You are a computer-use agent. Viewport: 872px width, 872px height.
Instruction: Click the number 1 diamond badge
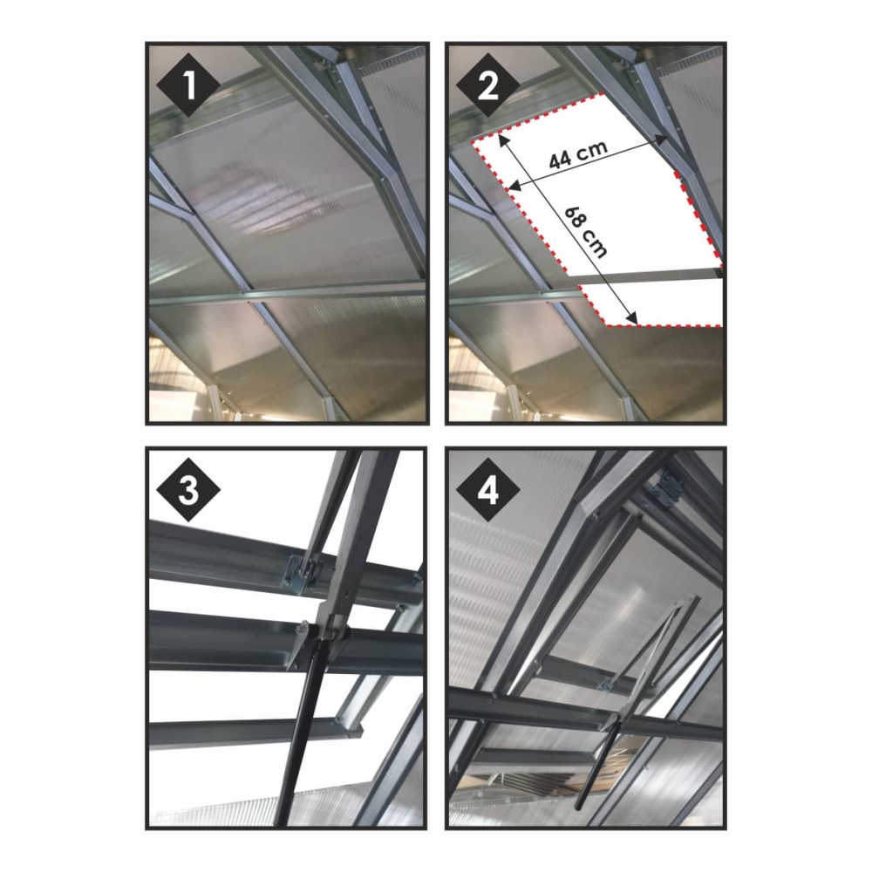tap(188, 85)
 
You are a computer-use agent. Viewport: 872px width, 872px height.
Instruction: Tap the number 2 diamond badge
tap(487, 85)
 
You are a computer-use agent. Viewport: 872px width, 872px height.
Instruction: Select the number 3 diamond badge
tap(188, 489)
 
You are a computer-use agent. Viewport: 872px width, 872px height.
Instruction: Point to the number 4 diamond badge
tap(487, 489)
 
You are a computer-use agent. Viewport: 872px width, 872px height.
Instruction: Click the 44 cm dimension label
tap(578, 154)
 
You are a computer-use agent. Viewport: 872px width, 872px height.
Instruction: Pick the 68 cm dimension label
tap(586, 233)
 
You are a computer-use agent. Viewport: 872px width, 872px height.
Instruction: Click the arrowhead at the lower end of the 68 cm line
tap(633, 318)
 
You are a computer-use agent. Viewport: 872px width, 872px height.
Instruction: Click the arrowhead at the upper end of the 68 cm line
tap(503, 139)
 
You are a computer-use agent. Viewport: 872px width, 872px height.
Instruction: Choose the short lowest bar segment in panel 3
tap(255, 733)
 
